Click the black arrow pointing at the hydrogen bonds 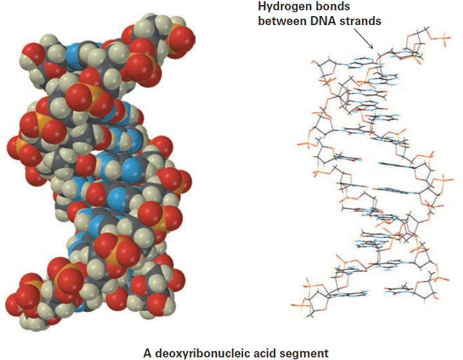point(363,39)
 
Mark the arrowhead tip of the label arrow point(373,48)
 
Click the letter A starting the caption point(147,353)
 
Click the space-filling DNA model point(100,171)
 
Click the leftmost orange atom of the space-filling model point(21,144)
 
